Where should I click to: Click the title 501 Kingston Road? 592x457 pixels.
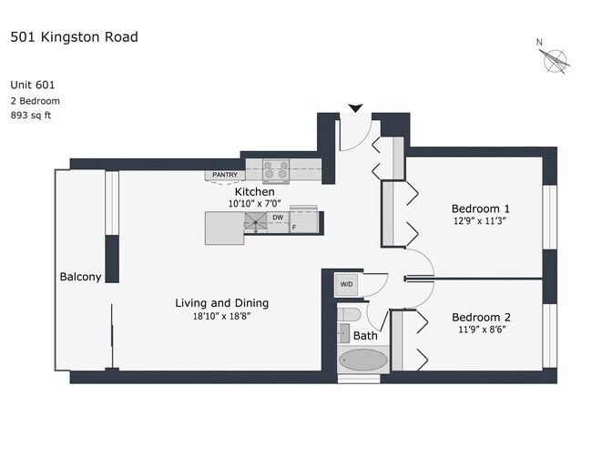pos(74,37)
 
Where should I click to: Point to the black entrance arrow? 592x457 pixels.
pos(356,109)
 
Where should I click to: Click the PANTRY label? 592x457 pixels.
pos(224,174)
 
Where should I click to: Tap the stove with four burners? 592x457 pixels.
pos(276,169)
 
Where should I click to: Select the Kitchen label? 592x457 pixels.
pos(254,192)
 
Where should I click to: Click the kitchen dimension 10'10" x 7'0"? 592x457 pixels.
pos(254,204)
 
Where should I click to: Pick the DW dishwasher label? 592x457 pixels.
pos(277,218)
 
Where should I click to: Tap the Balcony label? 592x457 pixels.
pos(80,277)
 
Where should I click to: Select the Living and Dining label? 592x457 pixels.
pos(222,303)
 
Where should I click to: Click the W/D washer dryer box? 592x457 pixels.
pos(346,284)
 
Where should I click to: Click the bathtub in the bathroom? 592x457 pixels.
pos(362,360)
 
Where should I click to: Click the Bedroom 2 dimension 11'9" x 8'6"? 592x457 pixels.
pos(481,330)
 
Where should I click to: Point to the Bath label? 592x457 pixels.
pos(365,336)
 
